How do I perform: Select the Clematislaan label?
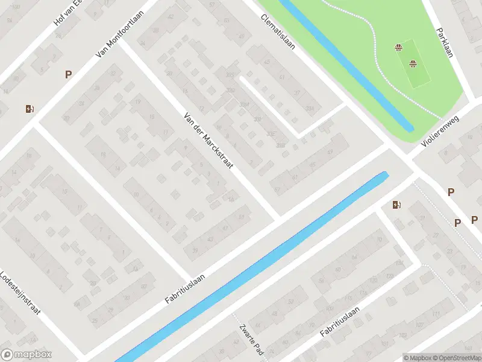pyautogui.click(x=278, y=32)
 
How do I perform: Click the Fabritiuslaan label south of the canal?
pyautogui.click(x=340, y=322)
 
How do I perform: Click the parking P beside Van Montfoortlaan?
pyautogui.click(x=68, y=75)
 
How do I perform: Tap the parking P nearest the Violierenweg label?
pyautogui.click(x=451, y=192)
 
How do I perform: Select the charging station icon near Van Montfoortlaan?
pyautogui.click(x=30, y=109)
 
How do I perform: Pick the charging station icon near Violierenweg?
pyautogui.click(x=396, y=205)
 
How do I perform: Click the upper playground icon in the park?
pyautogui.click(x=398, y=48)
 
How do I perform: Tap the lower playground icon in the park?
pyautogui.click(x=413, y=63)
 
